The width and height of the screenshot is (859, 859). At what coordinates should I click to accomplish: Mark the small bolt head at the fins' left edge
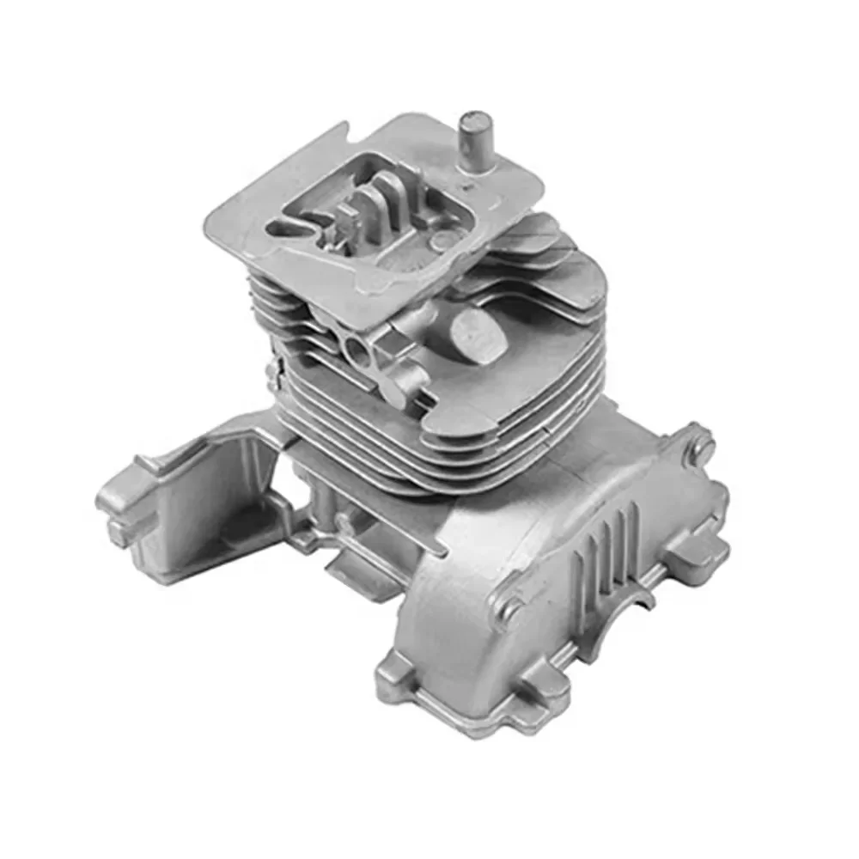pyautogui.click(x=274, y=376)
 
